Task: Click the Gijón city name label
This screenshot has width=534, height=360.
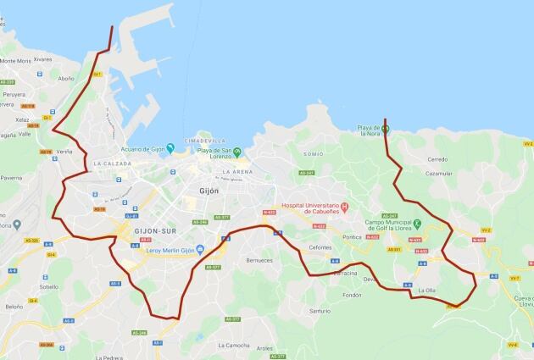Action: [x=208, y=191]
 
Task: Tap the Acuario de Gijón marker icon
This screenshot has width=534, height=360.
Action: [x=170, y=148]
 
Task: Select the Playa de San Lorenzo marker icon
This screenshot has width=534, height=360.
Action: [x=237, y=152]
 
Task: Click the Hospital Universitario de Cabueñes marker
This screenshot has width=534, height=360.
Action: [x=357, y=208]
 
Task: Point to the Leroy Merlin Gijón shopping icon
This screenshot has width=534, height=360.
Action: [x=200, y=248]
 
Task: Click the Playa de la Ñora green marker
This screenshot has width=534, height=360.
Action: [x=385, y=130]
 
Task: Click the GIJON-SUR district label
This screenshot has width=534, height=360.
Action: [x=155, y=230]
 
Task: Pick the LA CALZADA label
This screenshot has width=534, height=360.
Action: [x=113, y=163]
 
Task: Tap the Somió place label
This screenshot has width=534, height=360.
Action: [x=313, y=154]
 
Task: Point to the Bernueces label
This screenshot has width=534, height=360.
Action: [x=259, y=260]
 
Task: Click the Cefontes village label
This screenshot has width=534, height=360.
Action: [x=320, y=246]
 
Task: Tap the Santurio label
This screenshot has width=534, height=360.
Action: [x=320, y=311]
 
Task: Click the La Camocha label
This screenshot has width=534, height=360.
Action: [x=234, y=346]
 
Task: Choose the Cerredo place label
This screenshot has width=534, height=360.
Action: [x=437, y=159]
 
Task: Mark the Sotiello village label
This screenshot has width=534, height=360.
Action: [x=48, y=286]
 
